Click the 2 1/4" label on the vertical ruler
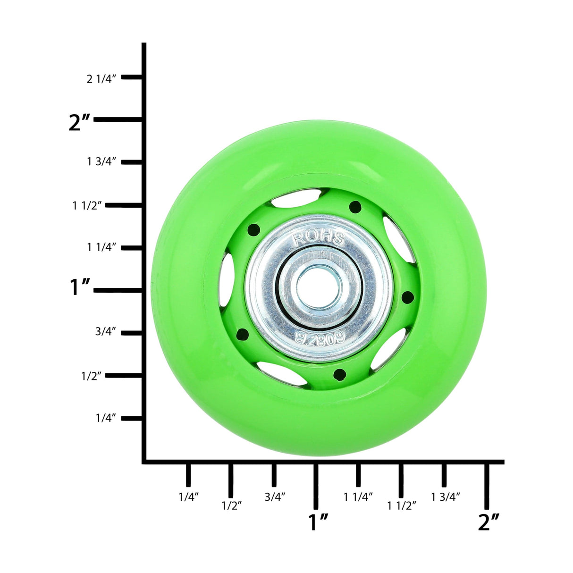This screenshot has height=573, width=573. (101, 79)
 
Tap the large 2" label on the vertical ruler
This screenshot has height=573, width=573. (79, 122)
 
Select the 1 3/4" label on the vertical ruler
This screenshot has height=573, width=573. (101, 162)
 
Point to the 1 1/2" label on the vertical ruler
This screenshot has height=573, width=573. (87, 205)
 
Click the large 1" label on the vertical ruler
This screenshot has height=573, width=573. (80, 287)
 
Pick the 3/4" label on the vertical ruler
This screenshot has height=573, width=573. (105, 331)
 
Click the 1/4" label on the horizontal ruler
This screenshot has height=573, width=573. (188, 497)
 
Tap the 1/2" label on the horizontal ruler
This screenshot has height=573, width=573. (231, 506)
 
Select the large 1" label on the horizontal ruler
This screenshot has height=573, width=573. (318, 522)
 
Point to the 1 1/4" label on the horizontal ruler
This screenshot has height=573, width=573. (358, 497)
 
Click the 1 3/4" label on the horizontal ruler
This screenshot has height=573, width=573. (445, 497)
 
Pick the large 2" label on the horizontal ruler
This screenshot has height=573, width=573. (489, 522)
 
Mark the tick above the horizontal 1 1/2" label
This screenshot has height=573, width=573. (401, 480)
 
